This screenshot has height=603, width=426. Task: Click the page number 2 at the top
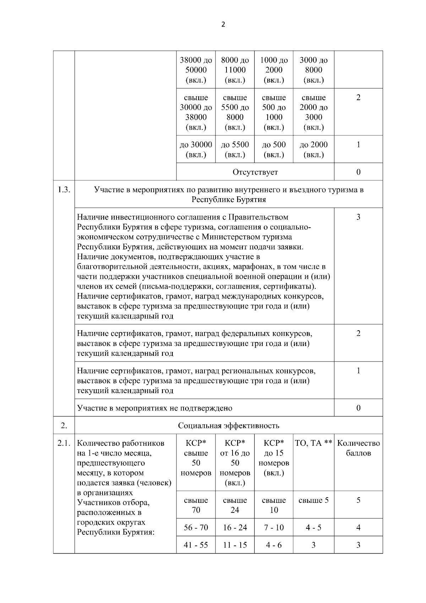[x=223, y=25]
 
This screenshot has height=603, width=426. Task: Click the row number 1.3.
[x=64, y=190]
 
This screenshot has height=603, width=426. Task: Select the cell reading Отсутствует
[x=255, y=172]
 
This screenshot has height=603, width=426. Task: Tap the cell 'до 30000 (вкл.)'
[x=196, y=150]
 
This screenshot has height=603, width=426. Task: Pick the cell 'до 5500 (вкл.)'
[x=235, y=150]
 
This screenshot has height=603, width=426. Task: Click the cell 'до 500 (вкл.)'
[x=274, y=150]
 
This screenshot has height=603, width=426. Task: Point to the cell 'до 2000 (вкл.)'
[x=313, y=150]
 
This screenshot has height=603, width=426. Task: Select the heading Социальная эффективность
[x=228, y=425]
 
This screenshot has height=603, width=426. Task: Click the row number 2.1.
[x=64, y=443]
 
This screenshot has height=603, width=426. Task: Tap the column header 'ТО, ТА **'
[x=313, y=443]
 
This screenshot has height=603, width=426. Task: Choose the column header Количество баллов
[x=358, y=448]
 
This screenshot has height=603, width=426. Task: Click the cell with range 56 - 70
[x=196, y=527]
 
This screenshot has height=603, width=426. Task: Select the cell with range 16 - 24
[x=235, y=527]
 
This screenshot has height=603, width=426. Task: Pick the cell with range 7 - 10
[x=274, y=527]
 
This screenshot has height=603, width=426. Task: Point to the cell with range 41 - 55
[x=196, y=545]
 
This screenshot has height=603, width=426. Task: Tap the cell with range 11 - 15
[x=235, y=545]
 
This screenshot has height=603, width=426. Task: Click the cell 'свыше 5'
[x=313, y=500]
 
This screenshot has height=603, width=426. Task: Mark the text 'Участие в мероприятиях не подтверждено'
[x=154, y=408]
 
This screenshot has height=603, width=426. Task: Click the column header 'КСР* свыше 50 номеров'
[x=196, y=458]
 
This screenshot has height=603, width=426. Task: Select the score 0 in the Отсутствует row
[x=358, y=172]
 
